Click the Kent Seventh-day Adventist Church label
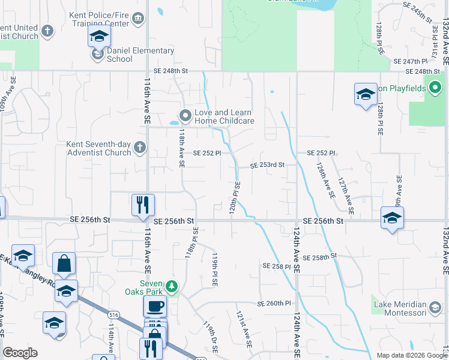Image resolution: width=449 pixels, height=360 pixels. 98,148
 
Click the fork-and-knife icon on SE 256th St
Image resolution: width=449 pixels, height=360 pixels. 143,205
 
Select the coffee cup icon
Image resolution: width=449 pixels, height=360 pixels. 155,306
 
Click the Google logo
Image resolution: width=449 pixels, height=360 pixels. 20,353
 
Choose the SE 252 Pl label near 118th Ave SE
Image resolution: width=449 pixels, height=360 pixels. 207,153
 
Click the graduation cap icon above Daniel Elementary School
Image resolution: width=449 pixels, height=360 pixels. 99,37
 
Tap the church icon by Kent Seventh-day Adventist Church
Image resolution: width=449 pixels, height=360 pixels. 139,148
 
